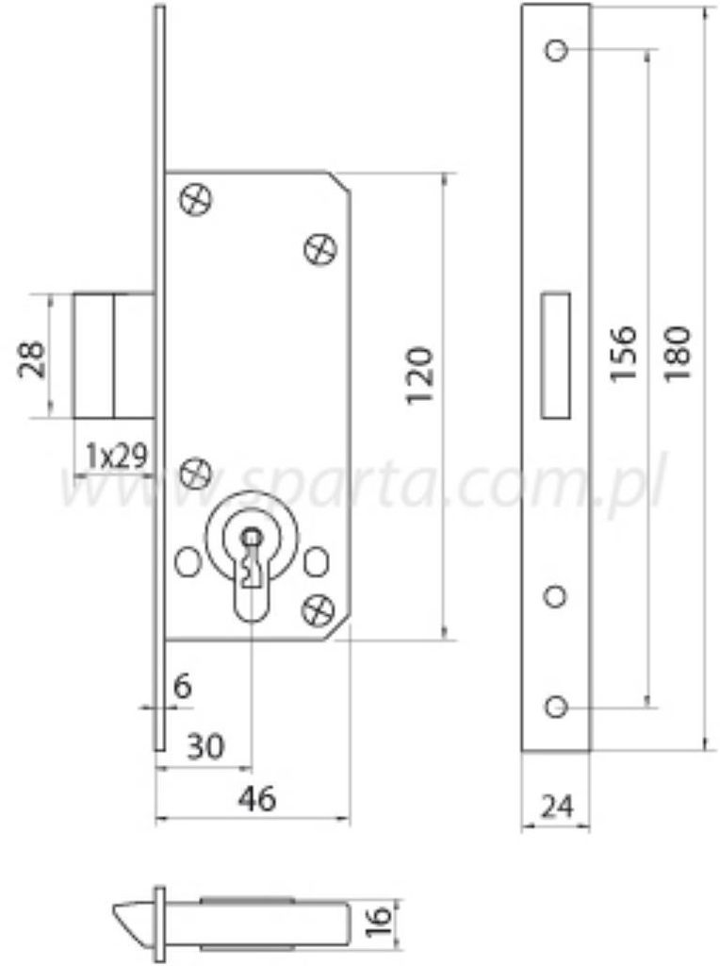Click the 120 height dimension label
[420, 375]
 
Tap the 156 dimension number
[623, 355]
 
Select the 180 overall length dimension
[678, 355]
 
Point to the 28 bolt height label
[32, 358]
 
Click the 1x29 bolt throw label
[116, 457]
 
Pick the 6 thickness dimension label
[183, 686]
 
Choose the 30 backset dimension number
[205, 747]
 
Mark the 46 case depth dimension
[257, 799]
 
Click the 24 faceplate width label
[556, 807]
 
